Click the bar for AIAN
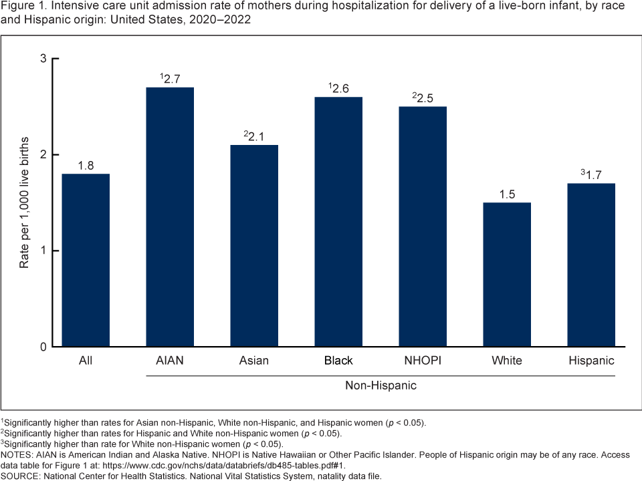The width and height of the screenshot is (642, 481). point(170,217)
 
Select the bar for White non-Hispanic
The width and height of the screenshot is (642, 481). point(507,275)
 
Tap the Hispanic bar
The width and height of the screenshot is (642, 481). point(591,265)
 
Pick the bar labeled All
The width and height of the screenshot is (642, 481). point(86,261)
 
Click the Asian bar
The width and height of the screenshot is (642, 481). point(254,246)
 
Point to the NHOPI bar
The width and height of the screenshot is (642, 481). point(423,226)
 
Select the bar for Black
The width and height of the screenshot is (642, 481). point(338,222)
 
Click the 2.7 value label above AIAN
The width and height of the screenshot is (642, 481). point(171,79)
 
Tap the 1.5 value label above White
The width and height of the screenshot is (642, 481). point(507,194)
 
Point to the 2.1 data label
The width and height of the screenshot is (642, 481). point(255,136)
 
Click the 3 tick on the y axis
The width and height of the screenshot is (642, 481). point(43,59)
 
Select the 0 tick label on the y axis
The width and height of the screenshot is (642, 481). point(43,347)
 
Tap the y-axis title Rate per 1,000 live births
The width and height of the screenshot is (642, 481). point(24,203)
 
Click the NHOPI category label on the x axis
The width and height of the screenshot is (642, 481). point(423,361)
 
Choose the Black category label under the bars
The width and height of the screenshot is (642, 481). point(338,361)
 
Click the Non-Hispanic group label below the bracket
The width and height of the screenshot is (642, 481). point(380,385)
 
